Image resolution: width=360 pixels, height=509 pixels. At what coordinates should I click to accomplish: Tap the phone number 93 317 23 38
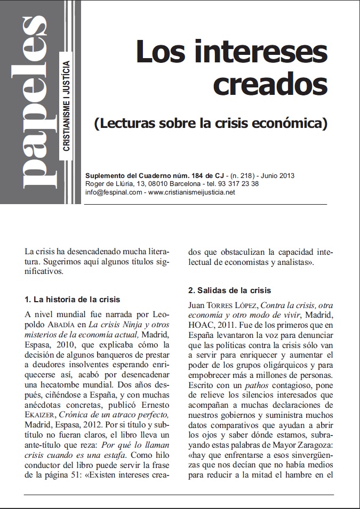click(x=241, y=183)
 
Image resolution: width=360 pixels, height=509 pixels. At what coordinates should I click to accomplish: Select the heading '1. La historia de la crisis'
click(x=73, y=300)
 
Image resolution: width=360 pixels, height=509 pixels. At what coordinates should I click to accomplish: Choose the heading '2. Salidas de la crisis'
click(x=230, y=290)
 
